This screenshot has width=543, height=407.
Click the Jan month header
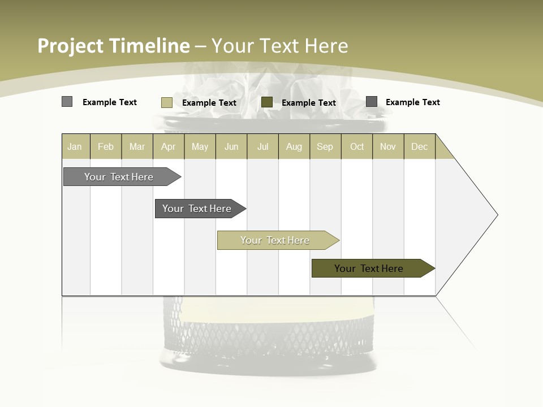click(x=75, y=146)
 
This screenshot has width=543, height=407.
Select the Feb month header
click(x=106, y=146)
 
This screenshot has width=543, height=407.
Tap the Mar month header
click(x=137, y=146)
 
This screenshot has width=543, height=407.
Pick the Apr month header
click(x=169, y=146)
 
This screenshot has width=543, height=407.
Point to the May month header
click(x=200, y=146)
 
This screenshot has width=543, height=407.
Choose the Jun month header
click(x=231, y=146)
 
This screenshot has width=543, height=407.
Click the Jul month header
click(x=262, y=146)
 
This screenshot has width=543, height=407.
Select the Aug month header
click(x=294, y=146)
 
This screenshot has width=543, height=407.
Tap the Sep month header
click(x=325, y=146)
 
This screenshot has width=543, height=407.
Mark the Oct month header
click(x=357, y=146)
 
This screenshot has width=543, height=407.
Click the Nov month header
click(x=388, y=146)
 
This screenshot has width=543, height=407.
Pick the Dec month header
click(x=420, y=146)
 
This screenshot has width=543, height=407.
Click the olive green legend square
click(x=267, y=102)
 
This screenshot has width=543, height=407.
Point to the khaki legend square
click(x=167, y=102)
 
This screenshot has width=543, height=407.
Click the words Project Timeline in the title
click(x=114, y=46)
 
